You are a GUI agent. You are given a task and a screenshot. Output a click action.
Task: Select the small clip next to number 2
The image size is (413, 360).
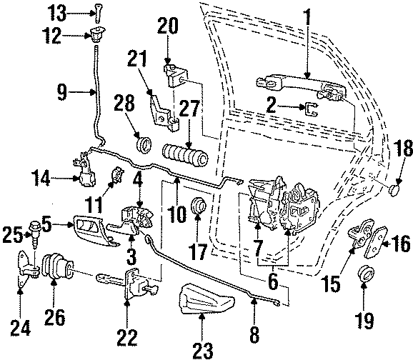(312, 109)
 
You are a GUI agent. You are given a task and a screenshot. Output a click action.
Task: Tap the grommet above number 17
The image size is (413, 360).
(198, 206)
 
